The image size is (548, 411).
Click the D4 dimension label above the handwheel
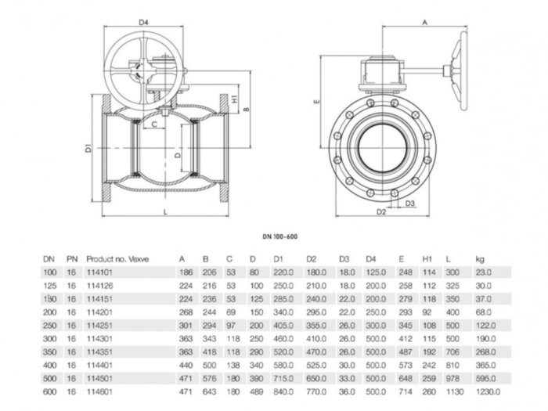pos(142,23)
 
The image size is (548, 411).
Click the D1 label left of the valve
pos(89,147)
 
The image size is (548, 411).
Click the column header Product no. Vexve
pos(117,258)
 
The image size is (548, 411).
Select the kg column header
pos(479,258)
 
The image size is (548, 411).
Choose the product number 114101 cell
pos(97,271)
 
